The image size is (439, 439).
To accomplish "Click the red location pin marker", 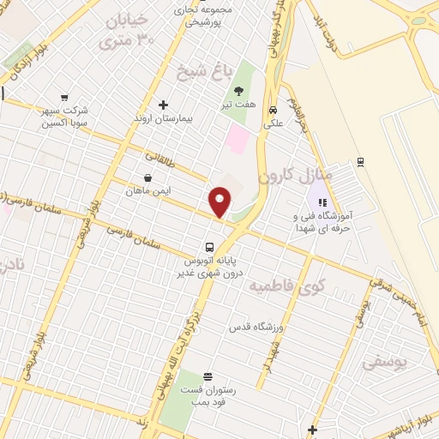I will [x=221, y=201].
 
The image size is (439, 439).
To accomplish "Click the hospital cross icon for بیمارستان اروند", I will [x=163, y=105].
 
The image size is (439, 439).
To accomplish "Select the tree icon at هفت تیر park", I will [x=238, y=91].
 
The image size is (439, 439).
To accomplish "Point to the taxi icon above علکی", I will [x=273, y=110].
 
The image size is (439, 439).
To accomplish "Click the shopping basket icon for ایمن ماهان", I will [x=148, y=178].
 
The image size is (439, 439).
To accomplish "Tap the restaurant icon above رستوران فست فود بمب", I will [x=207, y=376].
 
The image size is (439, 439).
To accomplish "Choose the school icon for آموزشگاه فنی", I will [x=322, y=203].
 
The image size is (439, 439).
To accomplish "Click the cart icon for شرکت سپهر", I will [x=65, y=99].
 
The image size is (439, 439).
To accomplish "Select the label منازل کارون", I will [x=289, y=174].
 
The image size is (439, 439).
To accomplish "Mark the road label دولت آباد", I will [x=320, y=27].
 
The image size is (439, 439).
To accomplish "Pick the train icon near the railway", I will [x=360, y=160].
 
